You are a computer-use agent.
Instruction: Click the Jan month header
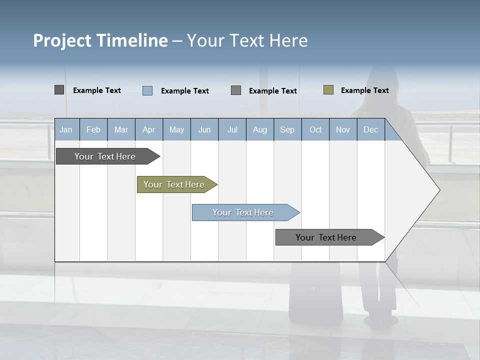(66, 130)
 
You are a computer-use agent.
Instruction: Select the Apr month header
(148, 130)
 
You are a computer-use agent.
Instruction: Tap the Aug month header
(259, 130)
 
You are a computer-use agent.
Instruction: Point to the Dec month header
(370, 130)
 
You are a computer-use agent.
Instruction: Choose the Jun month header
(204, 130)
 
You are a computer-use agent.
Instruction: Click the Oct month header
(315, 130)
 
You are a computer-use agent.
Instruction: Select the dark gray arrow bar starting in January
(105, 156)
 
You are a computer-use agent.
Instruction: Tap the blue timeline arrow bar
(243, 212)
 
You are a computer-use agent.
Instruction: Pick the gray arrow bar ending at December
(326, 237)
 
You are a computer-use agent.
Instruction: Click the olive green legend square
(328, 90)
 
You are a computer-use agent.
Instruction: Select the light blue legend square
(147, 90)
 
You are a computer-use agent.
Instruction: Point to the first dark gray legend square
(59, 90)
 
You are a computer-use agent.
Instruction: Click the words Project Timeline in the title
(100, 40)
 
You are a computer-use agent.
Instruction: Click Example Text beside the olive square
(364, 90)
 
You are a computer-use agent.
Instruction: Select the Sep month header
(287, 130)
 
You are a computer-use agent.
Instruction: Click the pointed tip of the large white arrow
(439, 189)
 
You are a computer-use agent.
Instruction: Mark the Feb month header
(93, 130)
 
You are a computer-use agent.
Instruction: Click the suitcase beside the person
(315, 295)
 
